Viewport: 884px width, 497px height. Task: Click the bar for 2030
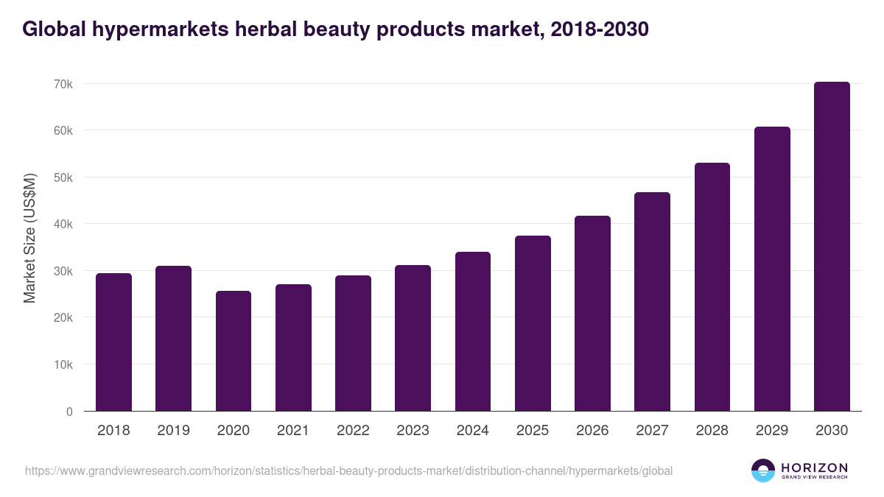click(832, 247)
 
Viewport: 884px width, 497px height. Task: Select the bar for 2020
click(234, 351)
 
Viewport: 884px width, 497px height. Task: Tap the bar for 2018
click(113, 342)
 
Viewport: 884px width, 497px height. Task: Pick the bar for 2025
click(533, 323)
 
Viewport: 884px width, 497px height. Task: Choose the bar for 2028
click(712, 287)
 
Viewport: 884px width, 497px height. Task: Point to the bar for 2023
click(413, 338)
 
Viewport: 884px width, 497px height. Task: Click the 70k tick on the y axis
click(63, 84)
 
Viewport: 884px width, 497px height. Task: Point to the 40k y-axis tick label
click(63, 224)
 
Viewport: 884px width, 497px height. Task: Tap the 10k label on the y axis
click(63, 364)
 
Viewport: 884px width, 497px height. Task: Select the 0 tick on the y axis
click(69, 412)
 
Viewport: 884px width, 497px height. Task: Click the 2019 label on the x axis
click(173, 431)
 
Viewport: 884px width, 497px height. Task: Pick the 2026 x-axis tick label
click(592, 431)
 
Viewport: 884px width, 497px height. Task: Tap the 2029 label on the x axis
click(772, 431)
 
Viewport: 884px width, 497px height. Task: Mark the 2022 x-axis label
click(353, 431)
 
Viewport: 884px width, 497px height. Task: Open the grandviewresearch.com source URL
click(348, 470)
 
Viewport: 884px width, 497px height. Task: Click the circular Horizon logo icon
click(763, 470)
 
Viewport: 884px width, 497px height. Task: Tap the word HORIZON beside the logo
click(814, 468)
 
